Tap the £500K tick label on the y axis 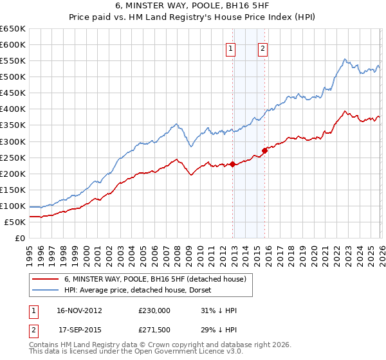[x=12, y=77]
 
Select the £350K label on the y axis [x=12, y=125]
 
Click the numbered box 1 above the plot [x=230, y=48]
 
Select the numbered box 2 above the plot [x=264, y=48]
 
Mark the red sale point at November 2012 [x=232, y=164]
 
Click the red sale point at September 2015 [x=264, y=150]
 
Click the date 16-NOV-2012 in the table [x=78, y=310]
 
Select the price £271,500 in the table [x=154, y=330]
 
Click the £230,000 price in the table [x=154, y=310]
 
